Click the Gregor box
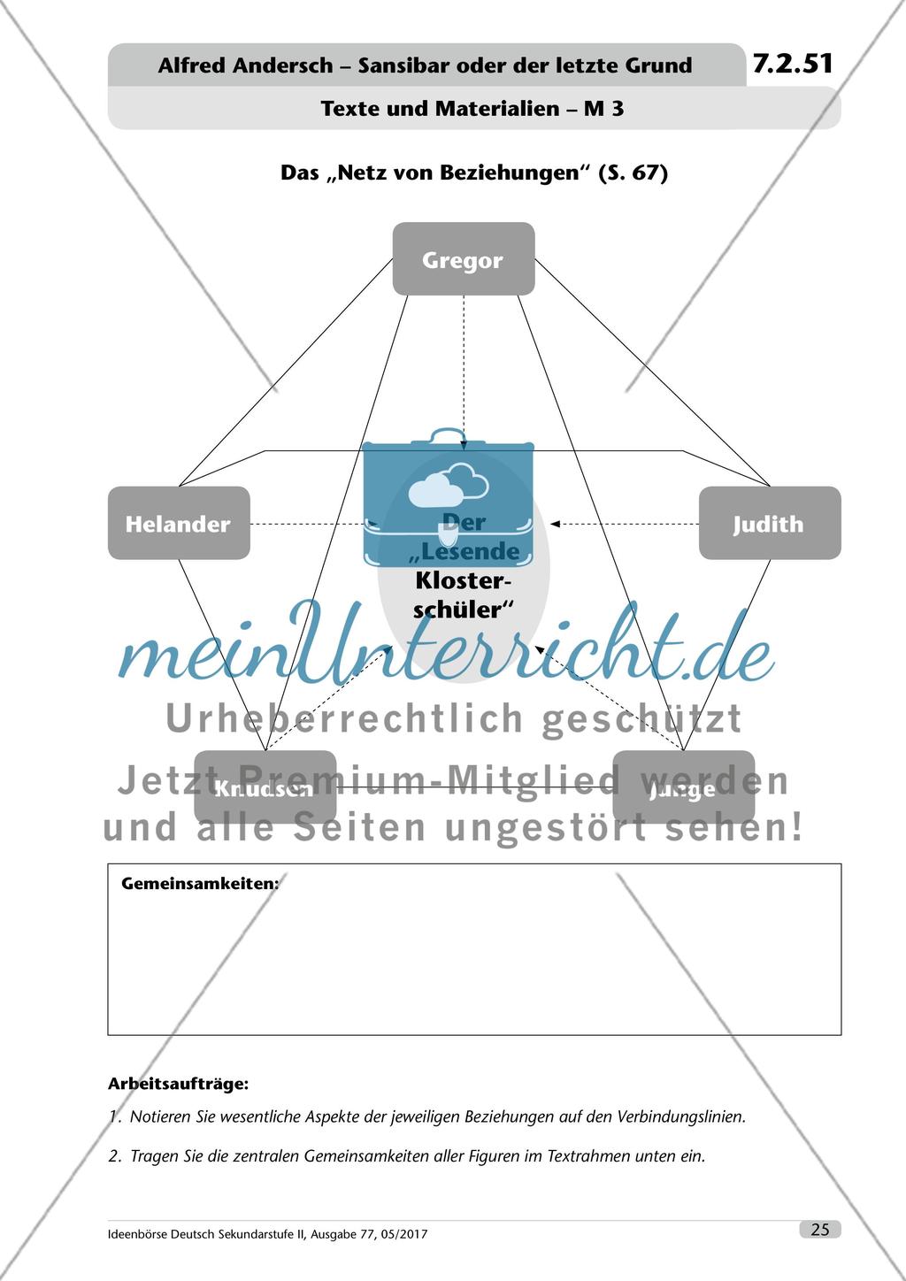[x=463, y=259]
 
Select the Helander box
[x=179, y=523]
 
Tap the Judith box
[x=769, y=523]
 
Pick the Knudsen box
[x=265, y=787]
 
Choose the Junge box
[x=683, y=787]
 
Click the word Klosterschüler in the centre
[x=464, y=595]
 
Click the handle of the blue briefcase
[x=449, y=436]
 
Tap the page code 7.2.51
[x=793, y=64]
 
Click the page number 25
[x=819, y=1229]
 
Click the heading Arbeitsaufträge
[x=178, y=1083]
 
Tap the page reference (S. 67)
[x=633, y=173]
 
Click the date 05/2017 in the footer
[x=401, y=1234]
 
